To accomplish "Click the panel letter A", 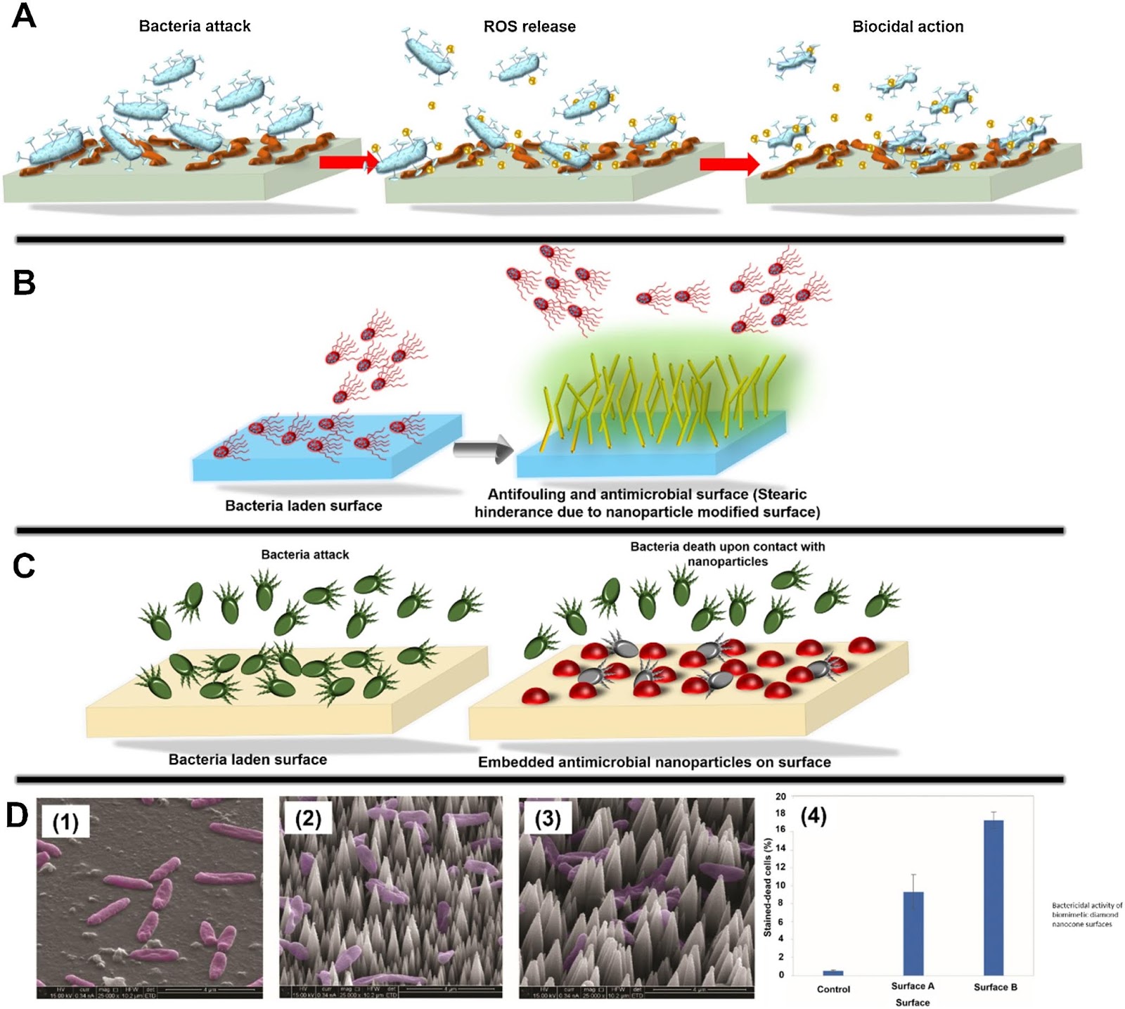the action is pos(24,15).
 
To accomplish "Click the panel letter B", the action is pos(24,283).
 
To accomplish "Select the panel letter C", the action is pos(24,565).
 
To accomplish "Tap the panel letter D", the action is pos(17,816).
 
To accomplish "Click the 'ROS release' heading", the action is pos(529,27).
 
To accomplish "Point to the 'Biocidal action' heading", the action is pos(908,27).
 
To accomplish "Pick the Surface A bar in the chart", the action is pos(913,933).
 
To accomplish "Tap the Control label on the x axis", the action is pos(833,989).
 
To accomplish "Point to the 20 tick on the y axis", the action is pos(780,797).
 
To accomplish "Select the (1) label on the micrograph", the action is pos(65,821).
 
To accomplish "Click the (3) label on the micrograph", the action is pos(548,819).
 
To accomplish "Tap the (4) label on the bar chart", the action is pos(814,816).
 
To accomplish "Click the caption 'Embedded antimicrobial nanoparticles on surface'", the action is pos(654,762).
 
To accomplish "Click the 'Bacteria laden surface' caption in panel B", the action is pos(303,506).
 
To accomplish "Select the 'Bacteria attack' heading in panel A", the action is pos(195,27).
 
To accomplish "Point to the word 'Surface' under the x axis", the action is pos(913,1003).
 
